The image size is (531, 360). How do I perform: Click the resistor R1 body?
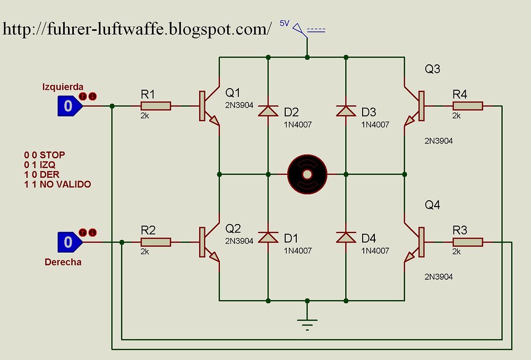point(156,106)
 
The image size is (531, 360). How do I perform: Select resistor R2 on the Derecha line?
point(156,242)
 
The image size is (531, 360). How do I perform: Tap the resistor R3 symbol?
point(467,242)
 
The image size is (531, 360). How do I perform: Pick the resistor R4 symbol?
point(467,106)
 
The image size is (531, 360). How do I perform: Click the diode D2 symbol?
point(268,111)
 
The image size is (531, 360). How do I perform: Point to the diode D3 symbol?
point(346,111)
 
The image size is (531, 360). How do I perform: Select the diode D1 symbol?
point(268,237)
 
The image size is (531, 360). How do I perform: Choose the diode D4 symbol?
point(346,237)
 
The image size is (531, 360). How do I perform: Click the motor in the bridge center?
point(306,174)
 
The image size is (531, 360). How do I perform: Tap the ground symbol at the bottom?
point(306,322)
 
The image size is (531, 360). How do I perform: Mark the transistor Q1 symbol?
point(210,106)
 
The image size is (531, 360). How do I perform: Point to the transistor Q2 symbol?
point(210,243)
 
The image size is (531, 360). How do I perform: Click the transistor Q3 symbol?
point(414,106)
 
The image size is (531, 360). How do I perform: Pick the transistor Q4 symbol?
point(414,243)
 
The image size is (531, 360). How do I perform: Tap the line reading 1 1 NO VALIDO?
point(57,184)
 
